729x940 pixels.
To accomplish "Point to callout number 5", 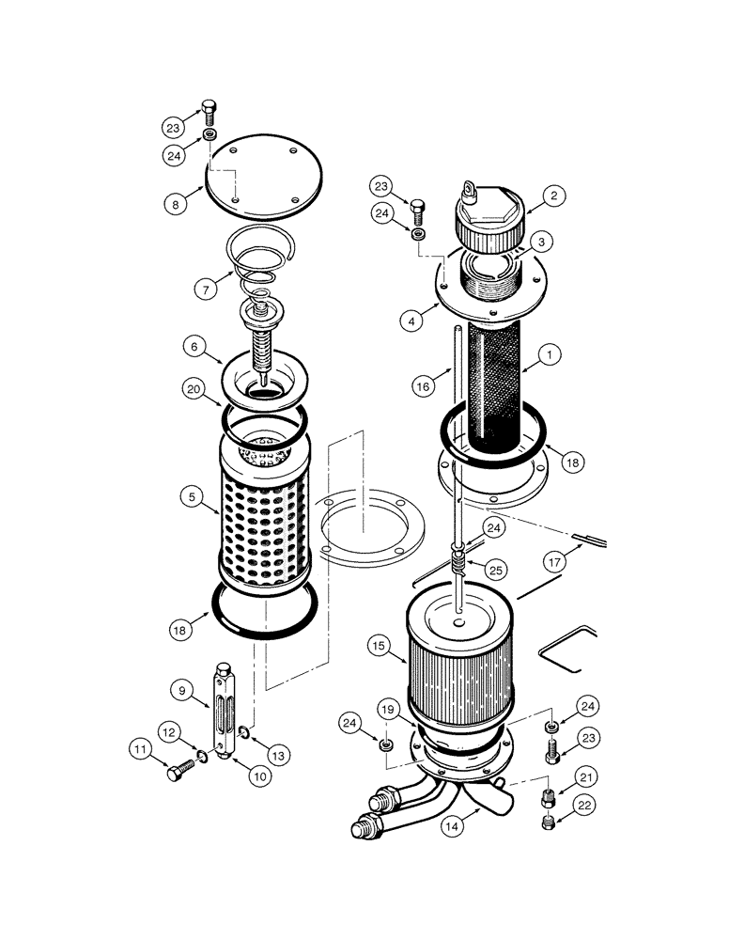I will [193, 496].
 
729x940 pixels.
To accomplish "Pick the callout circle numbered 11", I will [139, 749].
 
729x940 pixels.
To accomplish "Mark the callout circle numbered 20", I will [193, 387].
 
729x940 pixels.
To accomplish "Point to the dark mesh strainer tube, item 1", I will [492, 385].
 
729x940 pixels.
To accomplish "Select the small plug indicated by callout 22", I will [550, 824].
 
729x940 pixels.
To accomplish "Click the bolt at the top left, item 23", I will [209, 113].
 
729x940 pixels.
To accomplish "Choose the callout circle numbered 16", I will [424, 384].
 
